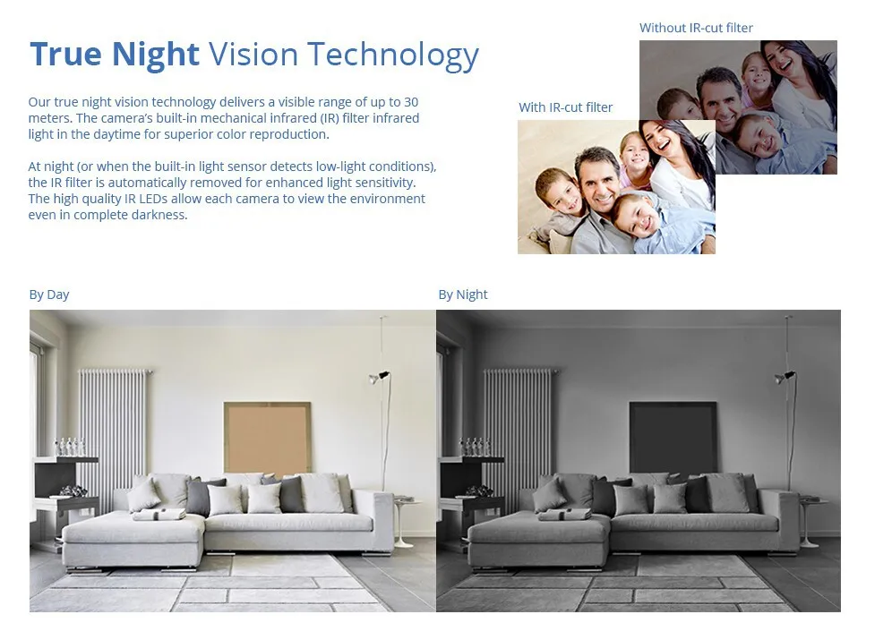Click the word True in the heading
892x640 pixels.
(65, 55)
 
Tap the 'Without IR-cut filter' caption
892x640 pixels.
(696, 28)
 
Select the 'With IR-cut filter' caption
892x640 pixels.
(566, 107)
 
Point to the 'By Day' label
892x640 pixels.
(49, 294)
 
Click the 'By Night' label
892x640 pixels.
(463, 294)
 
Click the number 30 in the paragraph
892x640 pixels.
(411, 102)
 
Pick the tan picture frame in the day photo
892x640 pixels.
(267, 439)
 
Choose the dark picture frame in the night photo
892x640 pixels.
(673, 438)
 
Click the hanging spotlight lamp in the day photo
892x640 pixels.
(379, 378)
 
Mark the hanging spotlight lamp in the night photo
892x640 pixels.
(785, 377)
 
